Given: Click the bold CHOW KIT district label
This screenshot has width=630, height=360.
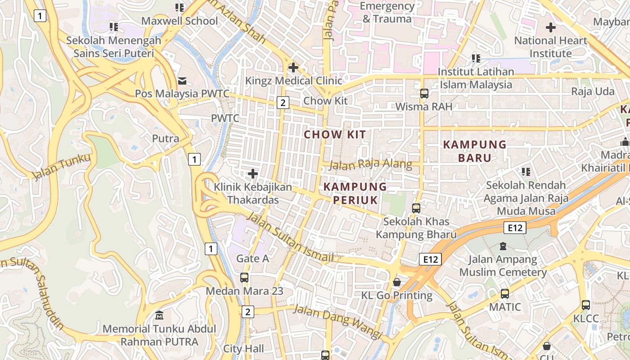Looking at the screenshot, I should [335, 135].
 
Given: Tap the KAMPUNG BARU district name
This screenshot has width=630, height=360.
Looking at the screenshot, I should [475, 151].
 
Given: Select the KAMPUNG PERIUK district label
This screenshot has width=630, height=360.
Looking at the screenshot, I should [355, 193].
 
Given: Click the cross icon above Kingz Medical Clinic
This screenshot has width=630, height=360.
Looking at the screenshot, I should [293, 68].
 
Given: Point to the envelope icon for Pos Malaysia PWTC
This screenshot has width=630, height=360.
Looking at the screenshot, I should [182, 81].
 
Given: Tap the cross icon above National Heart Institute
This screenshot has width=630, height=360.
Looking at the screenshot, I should [550, 27].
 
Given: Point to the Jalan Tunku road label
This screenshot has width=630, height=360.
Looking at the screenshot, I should [61, 166].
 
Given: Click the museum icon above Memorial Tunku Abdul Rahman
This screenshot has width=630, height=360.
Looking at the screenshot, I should [159, 315].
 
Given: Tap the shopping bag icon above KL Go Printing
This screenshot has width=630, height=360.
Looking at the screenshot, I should [397, 282].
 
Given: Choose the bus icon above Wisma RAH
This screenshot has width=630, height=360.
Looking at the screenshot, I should [424, 93].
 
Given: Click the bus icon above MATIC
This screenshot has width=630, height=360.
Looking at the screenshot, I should [505, 294].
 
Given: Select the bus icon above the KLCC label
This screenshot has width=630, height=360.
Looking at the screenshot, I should [585, 305].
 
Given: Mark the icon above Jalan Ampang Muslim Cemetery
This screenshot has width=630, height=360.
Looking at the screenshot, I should [503, 246].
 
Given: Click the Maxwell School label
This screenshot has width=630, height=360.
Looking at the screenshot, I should [180, 21].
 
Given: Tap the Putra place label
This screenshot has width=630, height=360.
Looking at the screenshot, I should [166, 139].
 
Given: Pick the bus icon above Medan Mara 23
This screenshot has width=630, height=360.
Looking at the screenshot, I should [244, 278].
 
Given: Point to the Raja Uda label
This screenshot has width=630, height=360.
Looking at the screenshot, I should [593, 91].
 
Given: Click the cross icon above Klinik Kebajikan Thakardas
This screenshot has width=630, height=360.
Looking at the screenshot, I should [253, 173].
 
